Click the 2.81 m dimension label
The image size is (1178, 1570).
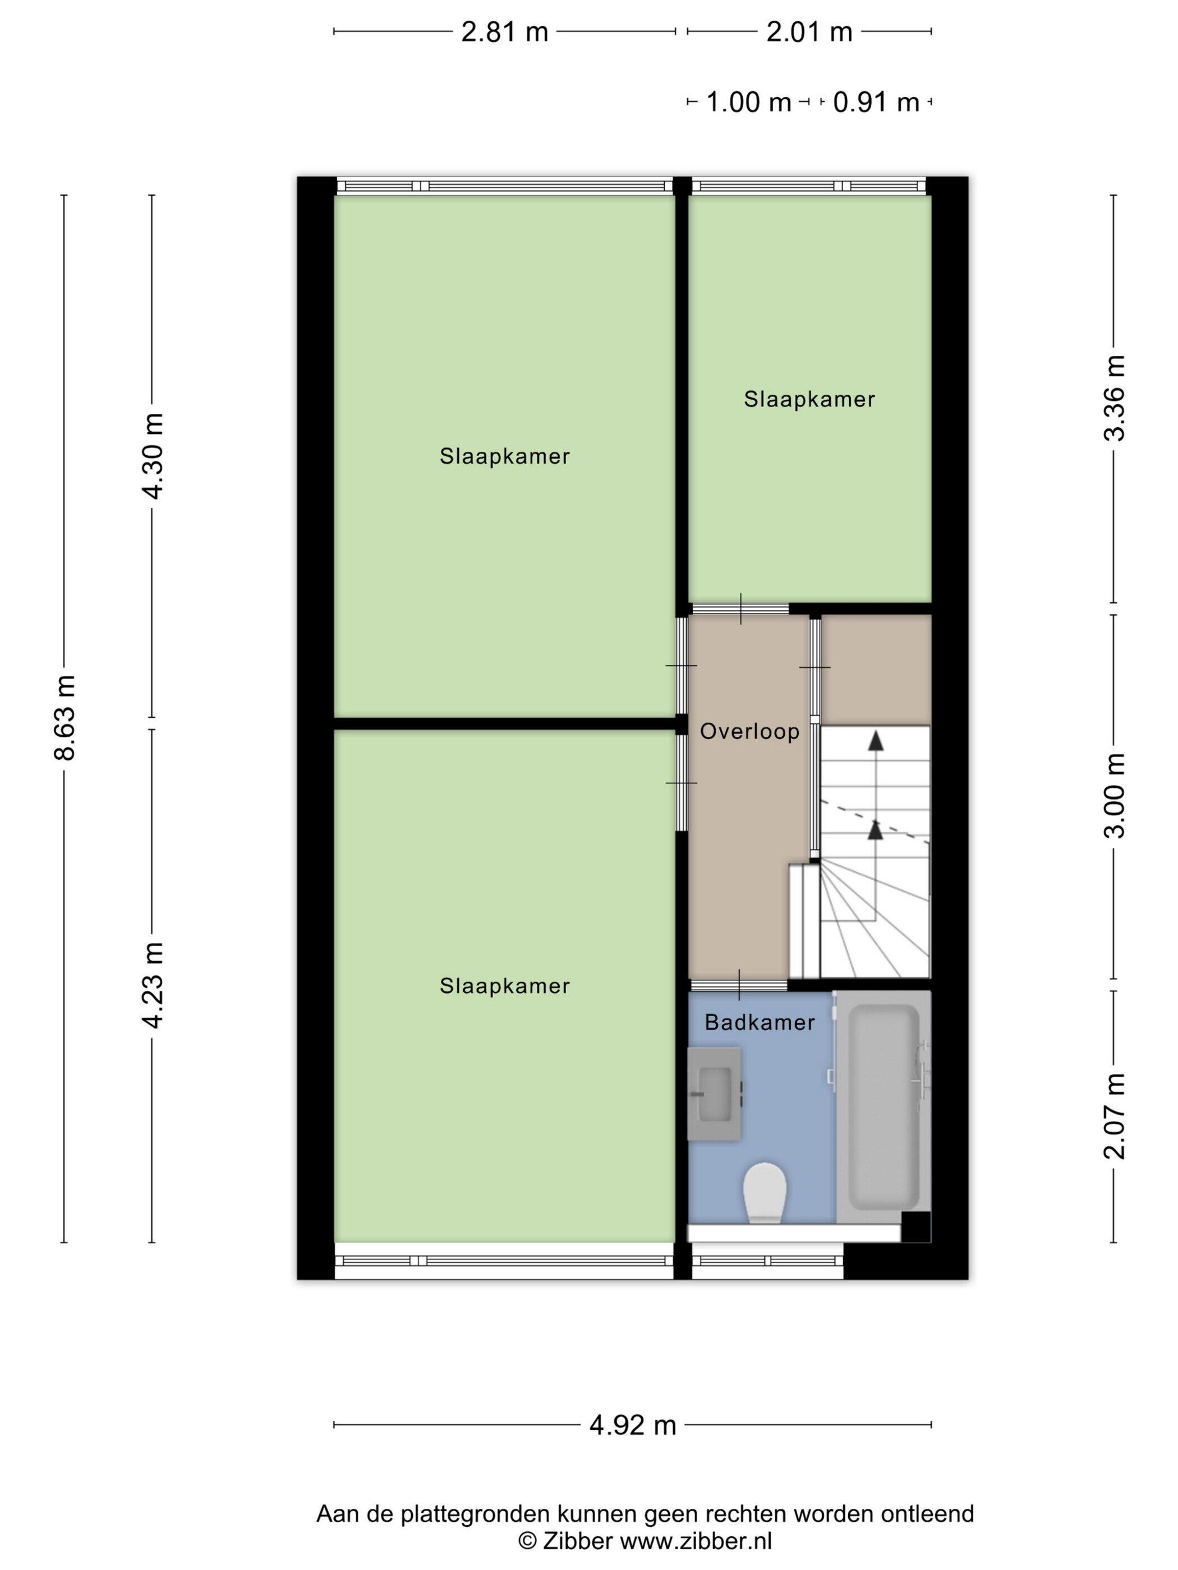coord(504,32)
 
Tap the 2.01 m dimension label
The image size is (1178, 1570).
coord(809,32)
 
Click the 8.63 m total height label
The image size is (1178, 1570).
coord(65,718)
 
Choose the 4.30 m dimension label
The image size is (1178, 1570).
coord(153,456)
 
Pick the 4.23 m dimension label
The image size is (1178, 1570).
coord(153,985)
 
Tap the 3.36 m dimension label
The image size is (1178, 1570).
coord(1114,398)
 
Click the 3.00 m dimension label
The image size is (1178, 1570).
coord(1114,795)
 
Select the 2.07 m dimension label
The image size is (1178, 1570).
coord(1114,1116)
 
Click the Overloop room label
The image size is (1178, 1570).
coord(750,732)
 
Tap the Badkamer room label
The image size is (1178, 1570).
coord(760,1023)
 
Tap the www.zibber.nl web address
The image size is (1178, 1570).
coord(696,1541)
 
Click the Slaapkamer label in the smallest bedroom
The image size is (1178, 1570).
coord(809,400)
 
